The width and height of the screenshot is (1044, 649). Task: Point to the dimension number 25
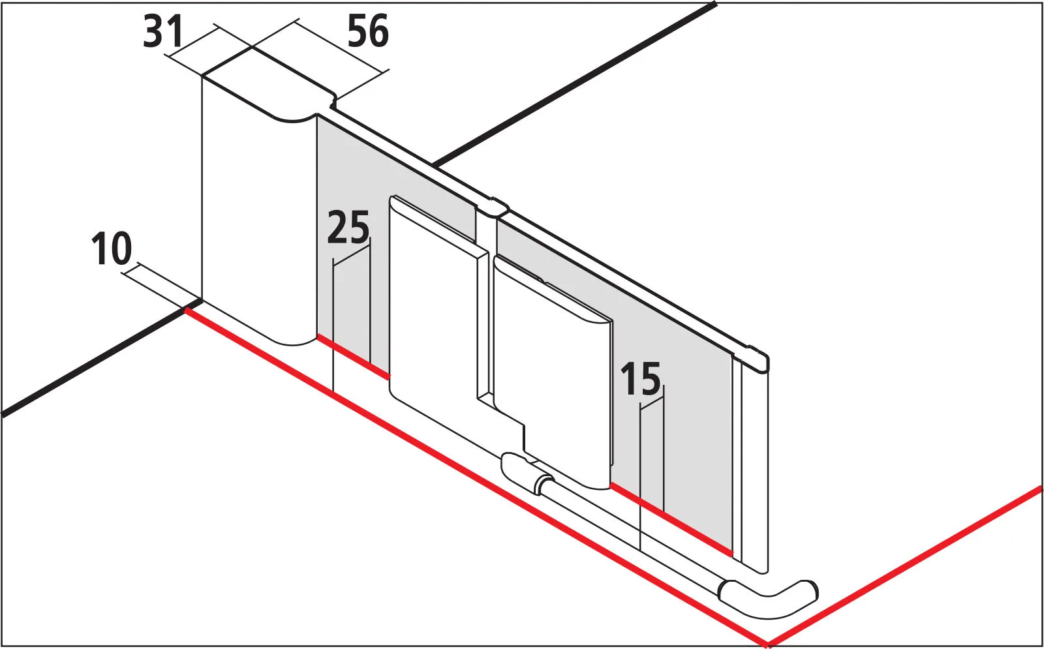click(x=348, y=228)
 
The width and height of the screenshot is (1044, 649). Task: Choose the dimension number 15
click(x=640, y=380)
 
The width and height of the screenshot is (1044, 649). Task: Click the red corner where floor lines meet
click(x=767, y=643)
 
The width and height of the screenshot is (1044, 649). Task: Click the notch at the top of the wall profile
click(x=333, y=100)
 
